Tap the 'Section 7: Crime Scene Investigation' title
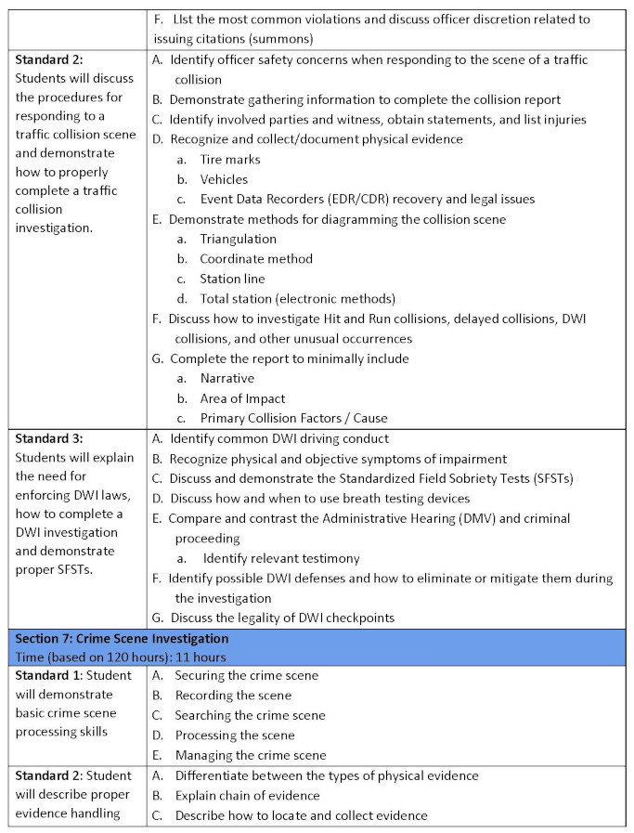tap(122, 638)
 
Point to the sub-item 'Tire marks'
tap(230, 160)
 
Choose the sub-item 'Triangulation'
tap(238, 239)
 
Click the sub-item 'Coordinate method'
tap(256, 259)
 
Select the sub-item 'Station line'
tap(232, 279)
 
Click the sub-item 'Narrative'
tap(226, 378)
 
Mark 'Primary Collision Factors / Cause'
tap(293, 418)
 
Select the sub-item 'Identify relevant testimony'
tap(280, 558)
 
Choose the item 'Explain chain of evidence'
tap(247, 795)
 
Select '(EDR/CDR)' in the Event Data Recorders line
tap(370, 199)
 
